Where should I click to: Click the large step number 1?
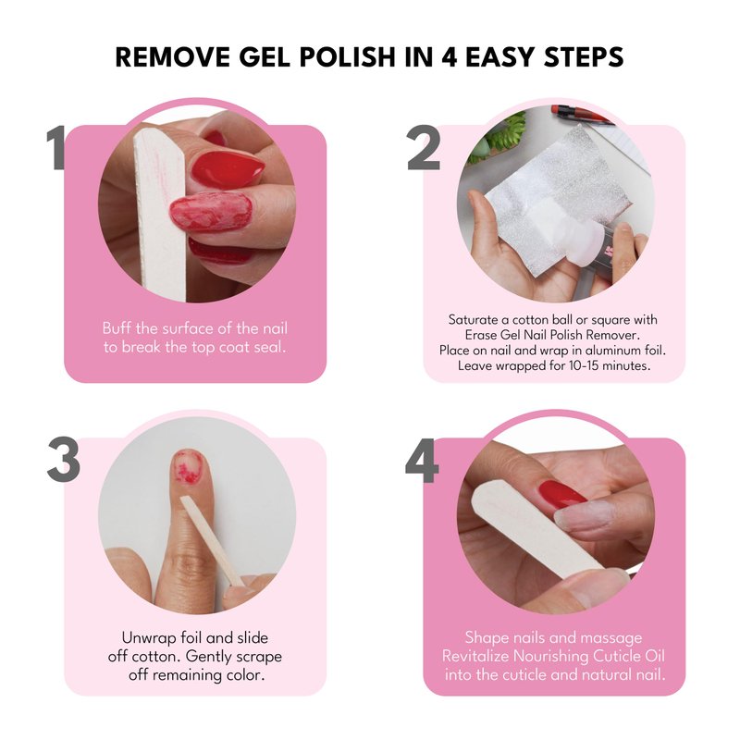(x=55, y=147)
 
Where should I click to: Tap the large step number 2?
(x=424, y=147)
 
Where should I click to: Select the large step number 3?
(x=64, y=460)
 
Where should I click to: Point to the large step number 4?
(x=422, y=460)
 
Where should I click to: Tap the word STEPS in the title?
(x=584, y=56)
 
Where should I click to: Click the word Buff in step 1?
(x=117, y=328)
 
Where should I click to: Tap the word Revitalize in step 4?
(x=475, y=656)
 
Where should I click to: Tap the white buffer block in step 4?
(x=538, y=531)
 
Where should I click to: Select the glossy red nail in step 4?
(x=562, y=494)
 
